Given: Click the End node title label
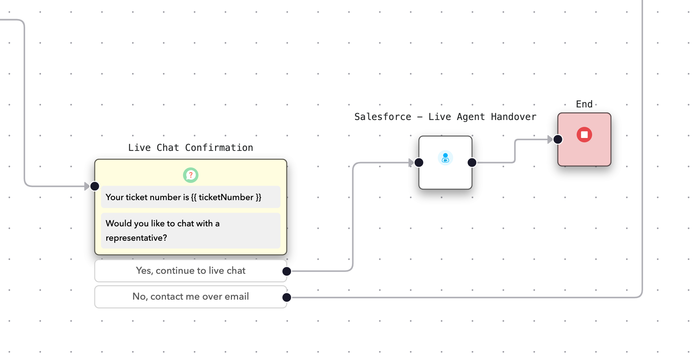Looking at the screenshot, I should point(584,104).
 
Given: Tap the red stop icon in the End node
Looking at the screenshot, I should point(584,135).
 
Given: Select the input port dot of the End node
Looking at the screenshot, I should point(558,139).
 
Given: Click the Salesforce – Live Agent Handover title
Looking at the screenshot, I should point(445,117).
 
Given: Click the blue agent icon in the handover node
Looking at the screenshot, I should point(445,158).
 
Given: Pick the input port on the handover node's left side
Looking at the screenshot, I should point(419,163).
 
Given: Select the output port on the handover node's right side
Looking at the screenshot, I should point(472,163).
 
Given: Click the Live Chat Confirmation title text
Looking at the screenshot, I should point(191,148).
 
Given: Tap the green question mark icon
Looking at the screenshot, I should point(191,175).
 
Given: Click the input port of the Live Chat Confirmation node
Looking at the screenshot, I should point(95,186).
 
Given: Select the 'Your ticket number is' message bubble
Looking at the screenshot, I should point(191,197).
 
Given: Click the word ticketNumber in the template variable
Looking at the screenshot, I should point(226,197).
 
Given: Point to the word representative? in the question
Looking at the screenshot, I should point(136,238).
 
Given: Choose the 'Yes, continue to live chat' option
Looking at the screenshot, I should point(191,271).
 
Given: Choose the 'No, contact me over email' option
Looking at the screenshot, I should point(191,296).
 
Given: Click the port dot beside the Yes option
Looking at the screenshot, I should point(287,271).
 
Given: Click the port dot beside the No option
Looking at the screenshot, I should point(287,297).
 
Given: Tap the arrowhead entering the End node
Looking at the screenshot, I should point(550,139).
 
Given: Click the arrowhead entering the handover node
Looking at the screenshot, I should point(411,163).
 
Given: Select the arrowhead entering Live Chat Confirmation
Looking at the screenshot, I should point(87,186).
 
